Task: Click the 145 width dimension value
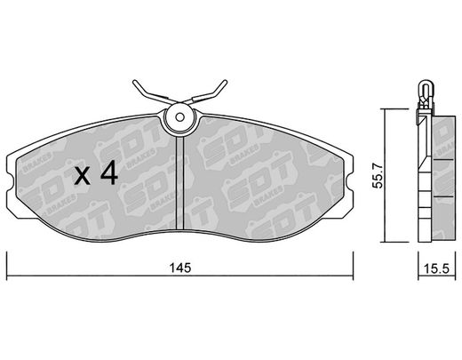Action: (x=180, y=268)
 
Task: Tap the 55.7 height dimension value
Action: (x=378, y=177)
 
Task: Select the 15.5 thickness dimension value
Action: (x=436, y=269)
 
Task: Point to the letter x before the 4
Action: (x=82, y=177)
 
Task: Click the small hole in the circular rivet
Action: (x=179, y=117)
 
